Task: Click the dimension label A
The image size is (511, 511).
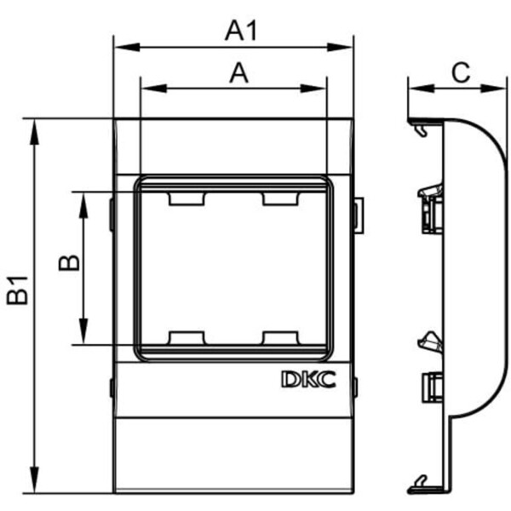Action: (239, 74)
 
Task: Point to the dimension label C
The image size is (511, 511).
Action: (460, 73)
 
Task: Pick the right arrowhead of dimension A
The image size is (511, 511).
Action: (320, 88)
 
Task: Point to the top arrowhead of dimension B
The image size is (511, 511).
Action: (83, 199)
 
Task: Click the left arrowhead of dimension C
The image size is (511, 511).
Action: (414, 88)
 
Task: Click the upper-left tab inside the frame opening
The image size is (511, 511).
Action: (187, 198)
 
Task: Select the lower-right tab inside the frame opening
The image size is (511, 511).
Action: (281, 338)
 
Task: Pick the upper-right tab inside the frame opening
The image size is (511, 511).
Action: (281, 198)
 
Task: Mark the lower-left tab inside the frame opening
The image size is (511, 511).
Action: (187, 338)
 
